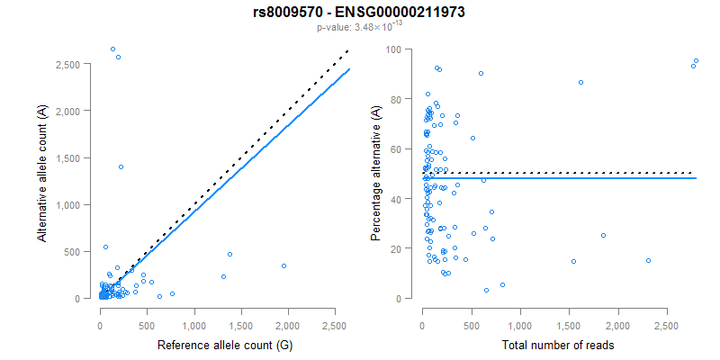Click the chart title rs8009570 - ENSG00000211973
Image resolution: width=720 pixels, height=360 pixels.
(359, 13)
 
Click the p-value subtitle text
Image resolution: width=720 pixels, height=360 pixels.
(359, 27)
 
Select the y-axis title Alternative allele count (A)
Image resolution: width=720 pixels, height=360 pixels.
(42, 174)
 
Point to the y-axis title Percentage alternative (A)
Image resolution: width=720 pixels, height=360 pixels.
(375, 174)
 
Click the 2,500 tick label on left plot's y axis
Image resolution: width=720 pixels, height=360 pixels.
(73, 65)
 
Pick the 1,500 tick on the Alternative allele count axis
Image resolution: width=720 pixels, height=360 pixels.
(73, 158)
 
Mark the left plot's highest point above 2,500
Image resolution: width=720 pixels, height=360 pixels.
(112, 49)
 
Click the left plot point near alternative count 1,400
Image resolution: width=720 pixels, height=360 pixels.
(121, 166)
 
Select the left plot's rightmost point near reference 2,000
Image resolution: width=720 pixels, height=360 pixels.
(283, 265)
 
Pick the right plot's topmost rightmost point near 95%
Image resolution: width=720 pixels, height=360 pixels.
(696, 61)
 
